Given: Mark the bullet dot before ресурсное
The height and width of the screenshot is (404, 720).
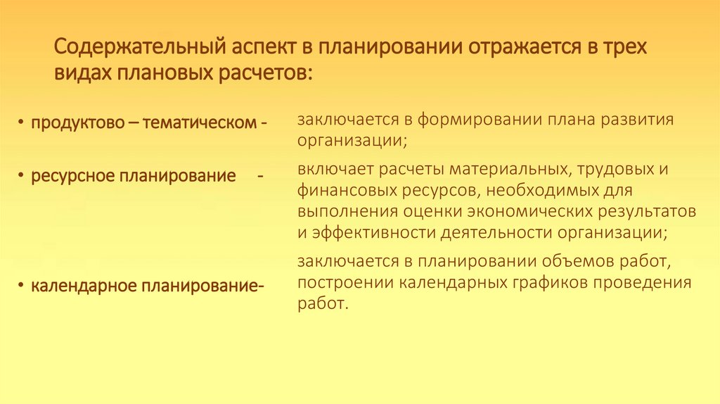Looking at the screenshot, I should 22,175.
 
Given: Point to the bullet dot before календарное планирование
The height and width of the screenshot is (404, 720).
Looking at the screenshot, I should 22,286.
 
